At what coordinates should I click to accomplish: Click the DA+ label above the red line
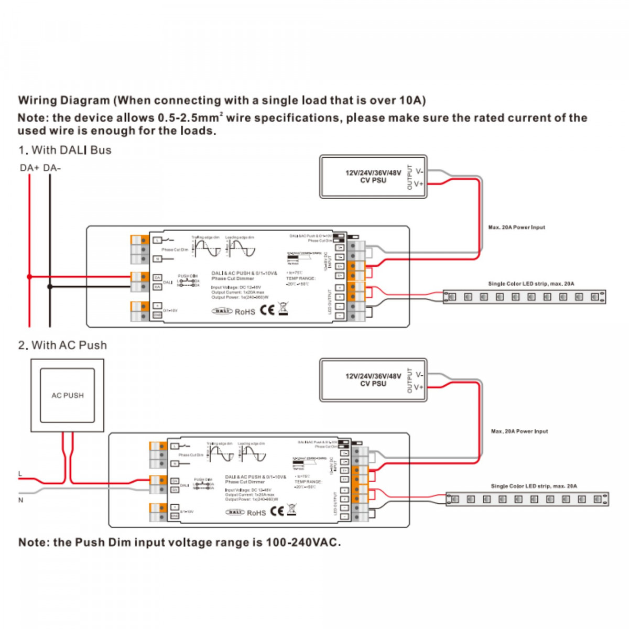click(x=29, y=168)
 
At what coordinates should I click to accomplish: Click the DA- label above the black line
click(x=52, y=168)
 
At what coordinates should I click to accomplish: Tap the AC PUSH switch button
click(x=67, y=395)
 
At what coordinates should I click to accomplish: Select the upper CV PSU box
click(x=373, y=177)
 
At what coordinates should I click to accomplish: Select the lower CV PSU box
click(x=373, y=380)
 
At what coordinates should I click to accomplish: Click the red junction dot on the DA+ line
click(x=29, y=276)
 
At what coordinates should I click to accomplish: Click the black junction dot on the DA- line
click(x=50, y=287)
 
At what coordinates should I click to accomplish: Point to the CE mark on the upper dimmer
click(x=267, y=310)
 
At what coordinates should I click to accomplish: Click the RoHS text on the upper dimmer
click(x=245, y=312)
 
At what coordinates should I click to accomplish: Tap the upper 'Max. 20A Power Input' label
click(x=516, y=227)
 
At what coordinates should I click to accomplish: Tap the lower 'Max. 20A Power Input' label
click(x=519, y=431)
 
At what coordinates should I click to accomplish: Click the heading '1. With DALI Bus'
click(x=65, y=150)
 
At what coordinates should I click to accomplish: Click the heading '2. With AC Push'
click(x=62, y=345)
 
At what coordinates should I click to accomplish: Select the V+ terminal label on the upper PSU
click(x=419, y=184)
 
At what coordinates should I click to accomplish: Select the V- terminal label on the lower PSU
click(x=419, y=375)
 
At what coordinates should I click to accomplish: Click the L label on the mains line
click(x=20, y=474)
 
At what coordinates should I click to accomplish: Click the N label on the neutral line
click(x=21, y=500)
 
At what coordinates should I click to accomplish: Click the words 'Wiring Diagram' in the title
click(x=64, y=101)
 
